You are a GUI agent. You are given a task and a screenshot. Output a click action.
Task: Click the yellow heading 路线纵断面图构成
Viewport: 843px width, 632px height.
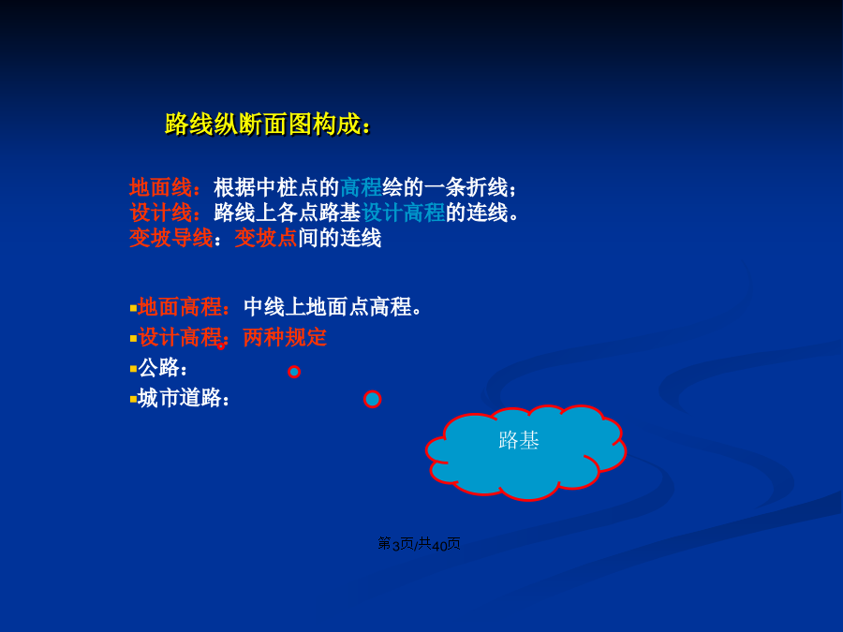click(x=262, y=125)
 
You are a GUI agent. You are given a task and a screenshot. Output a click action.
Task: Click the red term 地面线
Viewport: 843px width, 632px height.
click(x=160, y=187)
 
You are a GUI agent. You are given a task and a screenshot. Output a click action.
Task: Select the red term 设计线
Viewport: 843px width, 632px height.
click(x=160, y=213)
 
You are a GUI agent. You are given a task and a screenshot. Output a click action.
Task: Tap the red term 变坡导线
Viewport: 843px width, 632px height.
click(x=171, y=238)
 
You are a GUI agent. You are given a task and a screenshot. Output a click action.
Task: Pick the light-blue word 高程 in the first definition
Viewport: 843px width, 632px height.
click(x=361, y=187)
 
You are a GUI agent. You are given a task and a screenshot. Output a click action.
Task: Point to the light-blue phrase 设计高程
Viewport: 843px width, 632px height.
click(x=403, y=213)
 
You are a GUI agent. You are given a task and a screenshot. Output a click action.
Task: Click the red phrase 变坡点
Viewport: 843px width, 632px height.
click(x=266, y=238)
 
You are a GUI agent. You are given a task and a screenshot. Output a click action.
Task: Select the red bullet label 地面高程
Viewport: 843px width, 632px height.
click(x=180, y=307)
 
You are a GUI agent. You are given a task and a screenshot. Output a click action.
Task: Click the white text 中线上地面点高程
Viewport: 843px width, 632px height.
click(x=328, y=307)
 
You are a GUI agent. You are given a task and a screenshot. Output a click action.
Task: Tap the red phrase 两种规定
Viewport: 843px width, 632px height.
click(x=285, y=338)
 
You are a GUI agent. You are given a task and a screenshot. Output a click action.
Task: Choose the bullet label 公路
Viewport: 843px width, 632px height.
click(x=158, y=368)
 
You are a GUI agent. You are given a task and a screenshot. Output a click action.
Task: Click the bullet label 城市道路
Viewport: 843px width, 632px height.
click(x=180, y=398)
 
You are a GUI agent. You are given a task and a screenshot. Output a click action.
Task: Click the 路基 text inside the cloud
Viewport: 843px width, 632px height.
click(x=519, y=441)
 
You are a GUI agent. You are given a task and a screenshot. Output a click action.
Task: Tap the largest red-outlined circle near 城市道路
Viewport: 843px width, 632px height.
click(x=373, y=391)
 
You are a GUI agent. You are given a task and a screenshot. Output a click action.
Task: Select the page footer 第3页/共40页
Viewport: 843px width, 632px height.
click(x=419, y=544)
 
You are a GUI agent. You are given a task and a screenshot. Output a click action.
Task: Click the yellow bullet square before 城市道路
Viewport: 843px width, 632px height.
click(x=133, y=399)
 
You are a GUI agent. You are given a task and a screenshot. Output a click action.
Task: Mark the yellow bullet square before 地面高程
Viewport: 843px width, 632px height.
click(x=133, y=308)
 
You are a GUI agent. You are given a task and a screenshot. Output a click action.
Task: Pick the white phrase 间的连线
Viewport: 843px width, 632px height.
click(x=340, y=238)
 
